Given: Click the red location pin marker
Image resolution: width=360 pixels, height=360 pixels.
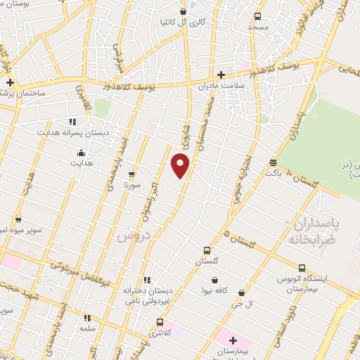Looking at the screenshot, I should pyautogui.click(x=181, y=165).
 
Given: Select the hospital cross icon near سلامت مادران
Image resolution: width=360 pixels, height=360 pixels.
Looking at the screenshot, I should pyautogui.click(x=221, y=74).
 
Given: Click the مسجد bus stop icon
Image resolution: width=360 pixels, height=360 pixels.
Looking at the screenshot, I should pyautogui.click(x=258, y=16).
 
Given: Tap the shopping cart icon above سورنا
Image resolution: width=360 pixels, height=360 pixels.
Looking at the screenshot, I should pyautogui.click(x=131, y=174).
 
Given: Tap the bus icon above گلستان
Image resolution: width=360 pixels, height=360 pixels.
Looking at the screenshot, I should pyautogui.click(x=207, y=250).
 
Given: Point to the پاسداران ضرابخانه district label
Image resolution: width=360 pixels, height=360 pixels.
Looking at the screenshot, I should pyautogui.click(x=314, y=230).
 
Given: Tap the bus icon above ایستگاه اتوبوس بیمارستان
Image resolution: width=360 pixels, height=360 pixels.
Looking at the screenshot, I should pyautogui.click(x=302, y=268).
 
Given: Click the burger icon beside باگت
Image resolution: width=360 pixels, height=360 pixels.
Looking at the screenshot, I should pyautogui.click(x=273, y=162).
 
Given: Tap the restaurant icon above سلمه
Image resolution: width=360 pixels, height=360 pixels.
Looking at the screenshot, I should pyautogui.click(x=87, y=318).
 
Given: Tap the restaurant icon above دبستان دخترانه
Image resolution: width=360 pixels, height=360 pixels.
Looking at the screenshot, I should pyautogui.click(x=146, y=280).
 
